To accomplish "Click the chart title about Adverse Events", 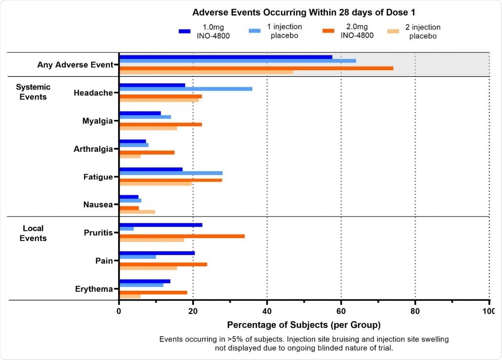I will tap(303, 12).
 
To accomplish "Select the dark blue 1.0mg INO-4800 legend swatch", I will tap(184, 31).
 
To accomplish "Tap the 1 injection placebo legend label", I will tap(286, 31).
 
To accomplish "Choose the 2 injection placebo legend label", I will tap(422, 31).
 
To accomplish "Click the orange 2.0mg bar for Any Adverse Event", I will tap(256, 68).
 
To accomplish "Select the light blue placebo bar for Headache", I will tap(185, 89).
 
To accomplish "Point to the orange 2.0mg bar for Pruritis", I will tap(182, 236).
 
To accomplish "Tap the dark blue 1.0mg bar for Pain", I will tap(157, 253).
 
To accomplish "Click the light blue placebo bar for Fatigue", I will tap(171, 173).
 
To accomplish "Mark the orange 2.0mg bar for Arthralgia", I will tap(147, 152).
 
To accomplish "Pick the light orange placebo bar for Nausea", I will tap(137, 212).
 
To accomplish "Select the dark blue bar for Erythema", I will tap(144, 281).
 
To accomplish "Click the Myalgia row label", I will tap(98, 121).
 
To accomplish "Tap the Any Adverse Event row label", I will tap(75, 64).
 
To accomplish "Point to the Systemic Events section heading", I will tap(33, 92).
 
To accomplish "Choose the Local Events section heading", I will tap(33, 233).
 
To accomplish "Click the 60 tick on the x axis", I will tap(341, 312).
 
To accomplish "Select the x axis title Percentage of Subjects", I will tap(304, 325).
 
